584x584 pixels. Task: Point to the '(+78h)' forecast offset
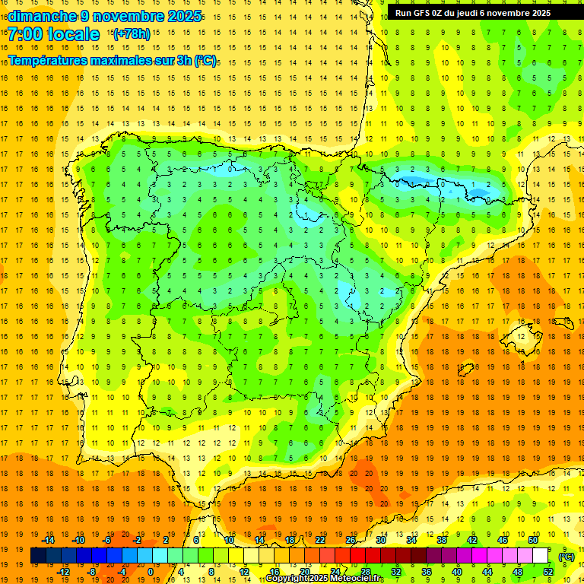(132, 34)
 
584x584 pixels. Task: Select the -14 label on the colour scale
(49, 540)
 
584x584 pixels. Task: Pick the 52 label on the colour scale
(547, 572)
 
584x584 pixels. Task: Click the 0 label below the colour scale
(151, 572)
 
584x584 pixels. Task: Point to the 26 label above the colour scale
(351, 540)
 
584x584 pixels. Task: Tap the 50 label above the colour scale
(532, 540)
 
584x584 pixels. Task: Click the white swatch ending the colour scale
(540, 556)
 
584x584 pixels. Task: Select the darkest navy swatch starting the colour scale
(38, 556)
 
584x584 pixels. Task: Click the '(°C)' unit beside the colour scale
(567, 556)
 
